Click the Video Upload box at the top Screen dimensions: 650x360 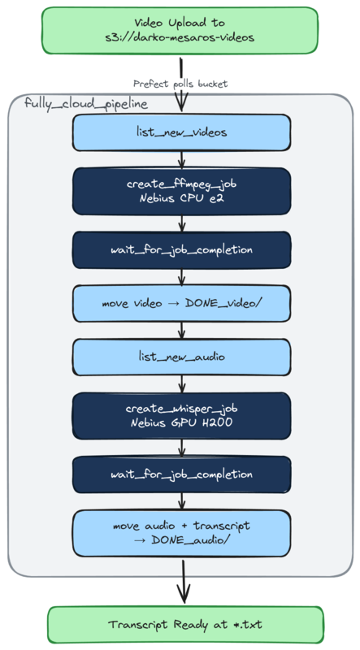coord(181,31)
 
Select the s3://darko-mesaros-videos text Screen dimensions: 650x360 coord(181,38)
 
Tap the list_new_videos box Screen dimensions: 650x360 coord(181,132)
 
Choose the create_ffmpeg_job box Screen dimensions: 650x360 coord(181,191)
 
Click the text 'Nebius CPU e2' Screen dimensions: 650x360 coord(181,198)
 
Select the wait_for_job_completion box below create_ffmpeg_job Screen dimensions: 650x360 coord(181,249)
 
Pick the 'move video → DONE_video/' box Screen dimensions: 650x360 coord(181,303)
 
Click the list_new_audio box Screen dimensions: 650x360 coord(181,357)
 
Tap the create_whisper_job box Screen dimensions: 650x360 coord(181,415)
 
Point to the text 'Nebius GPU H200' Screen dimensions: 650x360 coord(181,422)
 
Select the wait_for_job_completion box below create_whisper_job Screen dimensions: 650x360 coord(181,474)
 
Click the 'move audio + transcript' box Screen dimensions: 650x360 coord(181,533)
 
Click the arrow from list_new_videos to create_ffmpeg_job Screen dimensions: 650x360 coord(181,159)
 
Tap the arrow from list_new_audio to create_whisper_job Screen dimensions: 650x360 coord(181,383)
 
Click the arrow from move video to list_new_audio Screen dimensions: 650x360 coord(181,330)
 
